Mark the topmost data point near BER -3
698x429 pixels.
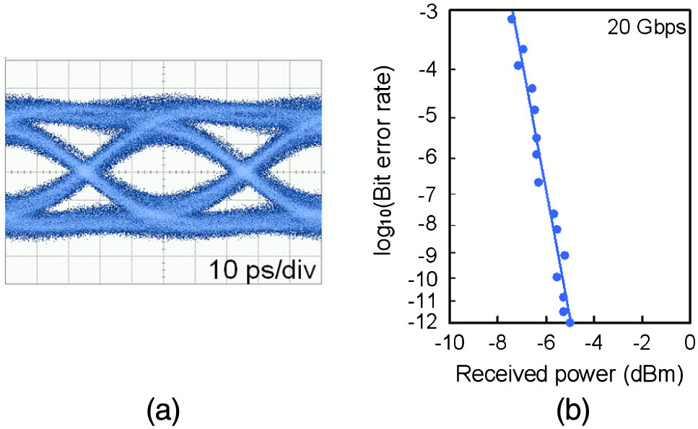pos(512,19)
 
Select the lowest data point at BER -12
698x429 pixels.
pos(570,322)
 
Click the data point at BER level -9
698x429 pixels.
pos(564,255)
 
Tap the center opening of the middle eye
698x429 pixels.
pos(165,172)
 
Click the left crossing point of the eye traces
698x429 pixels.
pos(85,173)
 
